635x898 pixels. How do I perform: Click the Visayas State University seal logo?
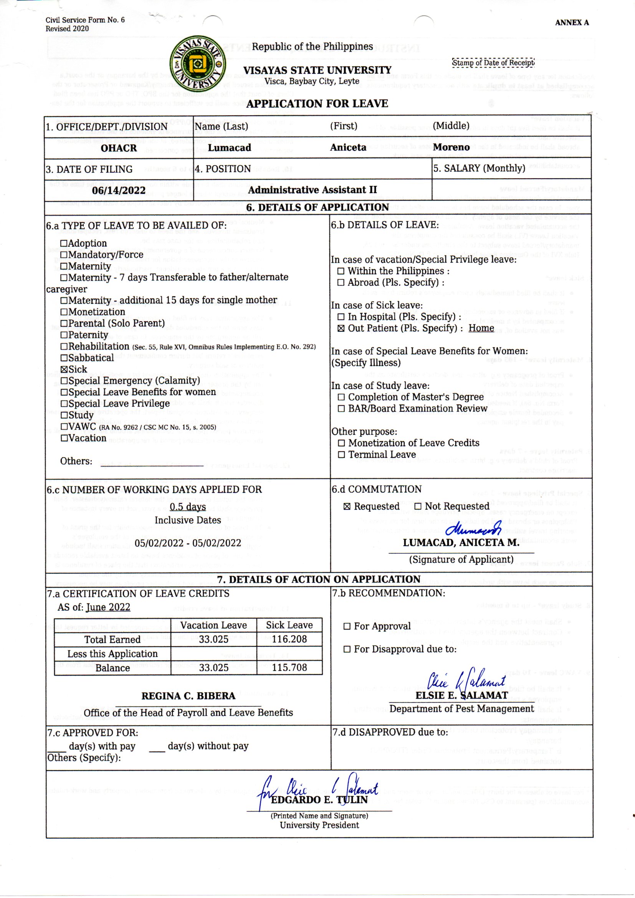coord(198,64)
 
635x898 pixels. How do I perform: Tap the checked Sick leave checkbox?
coord(64,369)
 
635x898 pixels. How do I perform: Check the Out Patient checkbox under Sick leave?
coord(341,328)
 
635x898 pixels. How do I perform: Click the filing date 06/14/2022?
coord(119,191)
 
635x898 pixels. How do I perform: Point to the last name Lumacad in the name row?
coord(229,147)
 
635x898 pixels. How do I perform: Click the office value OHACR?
coord(119,148)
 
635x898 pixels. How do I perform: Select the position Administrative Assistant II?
coord(313,190)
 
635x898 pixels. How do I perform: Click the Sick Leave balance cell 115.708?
coord(289,668)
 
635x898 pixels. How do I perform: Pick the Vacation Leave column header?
coord(213,625)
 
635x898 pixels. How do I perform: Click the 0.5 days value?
coord(188,507)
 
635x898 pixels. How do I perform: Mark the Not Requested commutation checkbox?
coord(418,507)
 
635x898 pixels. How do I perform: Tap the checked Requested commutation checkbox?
coord(346,507)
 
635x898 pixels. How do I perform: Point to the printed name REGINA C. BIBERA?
coord(189,696)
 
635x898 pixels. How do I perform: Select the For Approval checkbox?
coord(347,626)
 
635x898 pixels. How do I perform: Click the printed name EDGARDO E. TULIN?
coord(319,800)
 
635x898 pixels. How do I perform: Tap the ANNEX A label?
coord(572,23)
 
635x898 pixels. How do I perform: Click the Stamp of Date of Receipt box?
coord(493,63)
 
